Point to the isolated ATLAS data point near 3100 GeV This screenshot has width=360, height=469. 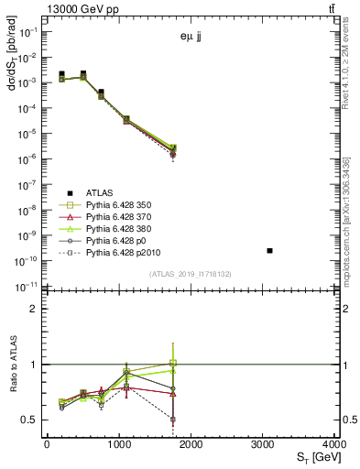coord(269,250)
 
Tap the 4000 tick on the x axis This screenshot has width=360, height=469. coord(335,444)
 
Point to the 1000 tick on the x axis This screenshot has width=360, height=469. coord(119,444)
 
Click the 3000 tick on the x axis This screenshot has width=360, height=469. coord(263,444)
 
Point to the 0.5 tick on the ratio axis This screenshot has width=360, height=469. coord(31,420)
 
